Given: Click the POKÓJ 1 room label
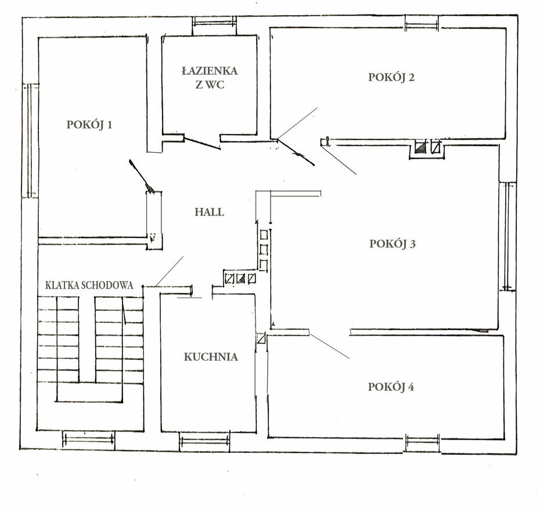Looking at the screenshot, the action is coord(89,124).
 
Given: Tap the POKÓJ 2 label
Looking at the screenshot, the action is coord(391,77).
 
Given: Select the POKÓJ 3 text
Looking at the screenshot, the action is coord(393,243).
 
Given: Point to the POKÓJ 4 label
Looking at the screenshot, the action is coord(391,387).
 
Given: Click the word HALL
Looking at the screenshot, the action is coord(210,212).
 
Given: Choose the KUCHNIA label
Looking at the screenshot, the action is coord(211,357).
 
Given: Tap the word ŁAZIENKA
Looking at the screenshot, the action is coord(210,71).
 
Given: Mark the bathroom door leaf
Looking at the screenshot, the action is coord(201,143).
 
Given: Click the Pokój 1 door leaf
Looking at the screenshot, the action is coord(140,175).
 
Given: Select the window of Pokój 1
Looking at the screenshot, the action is coord(31,141).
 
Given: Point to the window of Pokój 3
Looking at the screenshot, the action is coord(508,236).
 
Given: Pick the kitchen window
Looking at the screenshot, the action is coord(204,441).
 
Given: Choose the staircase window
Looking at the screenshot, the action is coord(88,440).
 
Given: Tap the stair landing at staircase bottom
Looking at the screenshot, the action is coord(89,392).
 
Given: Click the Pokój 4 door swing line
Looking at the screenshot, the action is coord(329,346).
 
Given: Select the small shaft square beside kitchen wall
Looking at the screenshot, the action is coord(261,339).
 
